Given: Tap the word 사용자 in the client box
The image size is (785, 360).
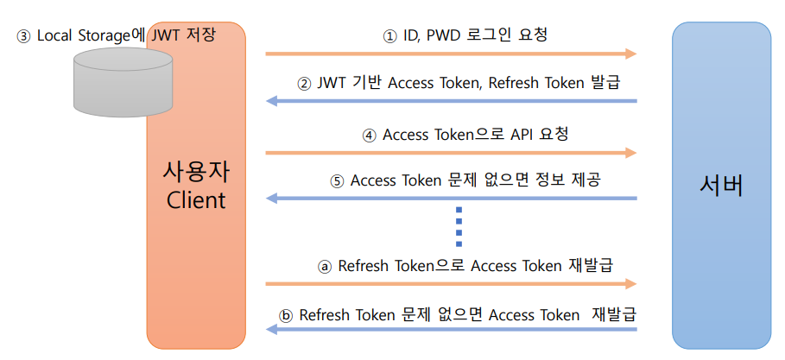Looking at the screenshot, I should (195, 170).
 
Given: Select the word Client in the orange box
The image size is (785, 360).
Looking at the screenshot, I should (195, 200).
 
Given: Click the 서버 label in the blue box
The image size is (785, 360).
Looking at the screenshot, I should (721, 185).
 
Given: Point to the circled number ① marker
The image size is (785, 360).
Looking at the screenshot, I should (389, 35).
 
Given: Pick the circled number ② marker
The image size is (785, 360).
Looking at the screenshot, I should (303, 85).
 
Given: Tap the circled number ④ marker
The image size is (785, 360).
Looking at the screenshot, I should (369, 136).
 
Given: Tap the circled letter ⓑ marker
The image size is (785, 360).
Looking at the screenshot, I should (287, 314).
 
